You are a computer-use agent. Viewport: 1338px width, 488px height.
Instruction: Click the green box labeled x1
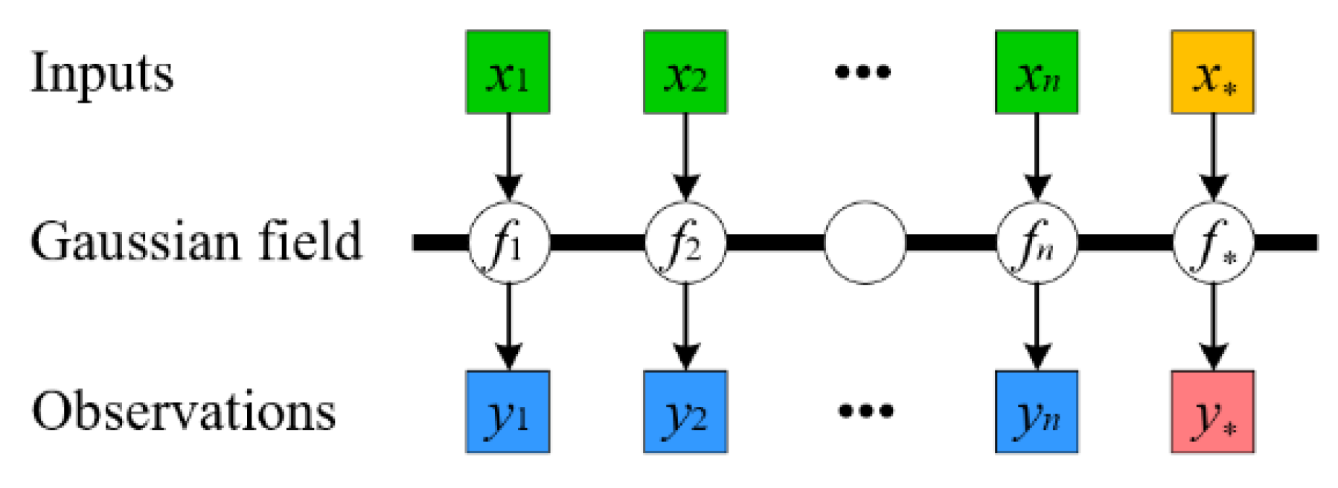[508, 72]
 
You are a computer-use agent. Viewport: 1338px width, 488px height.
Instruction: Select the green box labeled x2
[685, 72]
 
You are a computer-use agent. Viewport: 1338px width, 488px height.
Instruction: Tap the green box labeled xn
[1037, 72]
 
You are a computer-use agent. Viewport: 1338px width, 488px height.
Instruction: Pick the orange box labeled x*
[1212, 72]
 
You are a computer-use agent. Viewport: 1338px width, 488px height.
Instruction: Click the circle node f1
[508, 243]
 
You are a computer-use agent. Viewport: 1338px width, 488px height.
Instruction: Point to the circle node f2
[685, 243]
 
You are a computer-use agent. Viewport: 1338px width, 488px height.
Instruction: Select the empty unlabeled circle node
[865, 243]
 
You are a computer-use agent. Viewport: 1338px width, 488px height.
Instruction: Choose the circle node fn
[1037, 243]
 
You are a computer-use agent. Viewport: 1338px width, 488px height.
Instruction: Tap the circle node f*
[1213, 243]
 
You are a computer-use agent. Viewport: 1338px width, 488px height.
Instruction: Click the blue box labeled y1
[508, 411]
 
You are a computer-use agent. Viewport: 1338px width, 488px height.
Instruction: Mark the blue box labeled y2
[685, 411]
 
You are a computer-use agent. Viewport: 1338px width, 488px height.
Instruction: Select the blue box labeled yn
[1037, 411]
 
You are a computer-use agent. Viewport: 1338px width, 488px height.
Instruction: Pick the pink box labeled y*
[1212, 411]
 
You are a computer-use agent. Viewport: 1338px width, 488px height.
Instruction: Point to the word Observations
[183, 411]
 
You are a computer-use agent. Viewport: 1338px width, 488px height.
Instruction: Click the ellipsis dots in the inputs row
[862, 72]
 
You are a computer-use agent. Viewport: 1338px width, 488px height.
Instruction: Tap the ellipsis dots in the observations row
[865, 411]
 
